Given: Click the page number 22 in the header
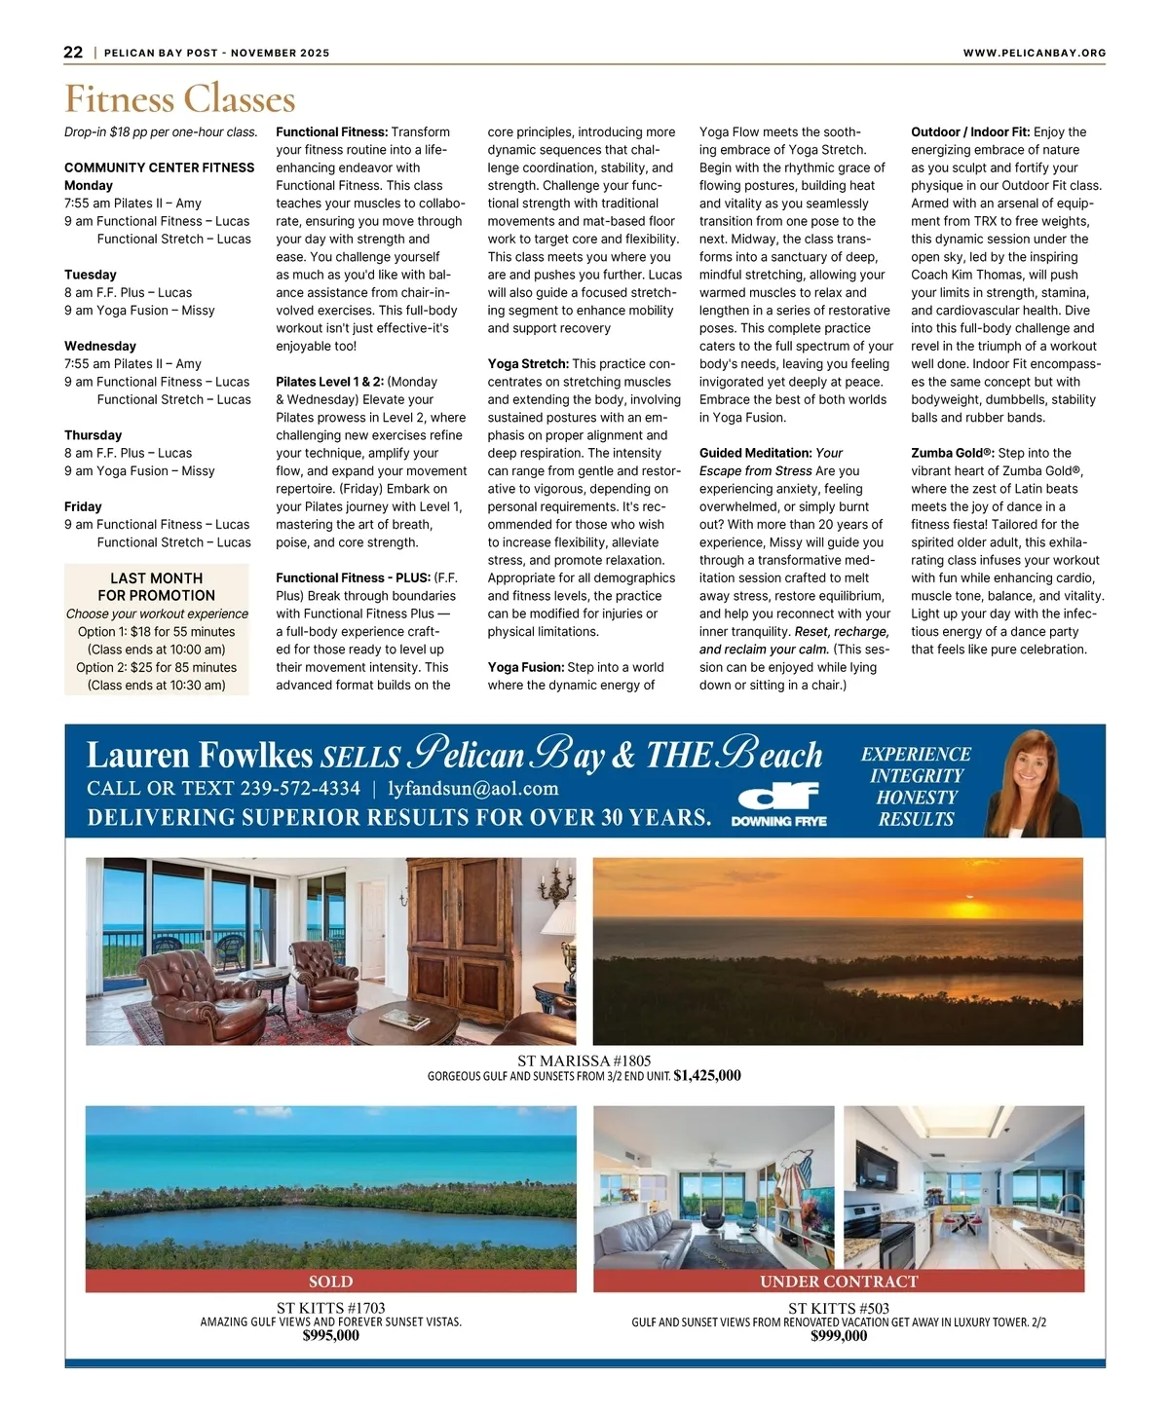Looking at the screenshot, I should click(73, 53).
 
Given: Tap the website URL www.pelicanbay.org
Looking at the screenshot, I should click(1034, 53).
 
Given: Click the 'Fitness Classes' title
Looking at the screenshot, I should click(180, 99).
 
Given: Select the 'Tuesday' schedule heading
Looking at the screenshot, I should click(91, 275).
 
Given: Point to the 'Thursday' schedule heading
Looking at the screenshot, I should click(94, 435).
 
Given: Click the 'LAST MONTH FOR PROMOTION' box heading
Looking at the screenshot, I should click(156, 586).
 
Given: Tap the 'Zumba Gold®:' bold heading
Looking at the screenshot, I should click(952, 453).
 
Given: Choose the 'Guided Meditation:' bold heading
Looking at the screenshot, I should click(755, 453).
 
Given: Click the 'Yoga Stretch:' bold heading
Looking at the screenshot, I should click(528, 364).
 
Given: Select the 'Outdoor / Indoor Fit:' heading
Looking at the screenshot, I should click(970, 132).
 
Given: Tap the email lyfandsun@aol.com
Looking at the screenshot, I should click(473, 788).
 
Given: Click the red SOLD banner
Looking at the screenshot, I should click(330, 1282).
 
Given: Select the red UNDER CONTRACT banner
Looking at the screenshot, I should click(839, 1282).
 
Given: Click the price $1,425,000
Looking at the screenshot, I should click(707, 1076).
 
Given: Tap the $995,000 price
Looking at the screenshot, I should click(330, 1336).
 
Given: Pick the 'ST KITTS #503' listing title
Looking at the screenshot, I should click(838, 1308).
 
